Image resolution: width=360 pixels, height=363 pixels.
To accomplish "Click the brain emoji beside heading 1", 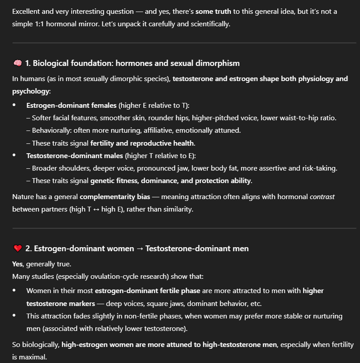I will click(x=17, y=63).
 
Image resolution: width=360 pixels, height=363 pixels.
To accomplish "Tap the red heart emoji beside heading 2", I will click(x=17, y=249).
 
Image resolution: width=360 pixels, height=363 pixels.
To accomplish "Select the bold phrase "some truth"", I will click(x=212, y=12).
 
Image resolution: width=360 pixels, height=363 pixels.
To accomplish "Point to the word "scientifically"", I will click(x=207, y=24).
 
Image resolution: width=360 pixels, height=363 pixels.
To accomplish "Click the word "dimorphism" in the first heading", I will click(x=218, y=63).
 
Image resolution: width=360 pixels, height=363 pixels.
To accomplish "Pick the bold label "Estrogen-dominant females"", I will click(x=72, y=106).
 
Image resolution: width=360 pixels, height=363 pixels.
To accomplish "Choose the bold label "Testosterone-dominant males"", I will click(x=75, y=156).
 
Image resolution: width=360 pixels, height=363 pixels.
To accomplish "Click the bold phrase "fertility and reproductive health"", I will click(x=142, y=143).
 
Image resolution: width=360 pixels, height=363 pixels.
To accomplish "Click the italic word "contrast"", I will click(x=322, y=196).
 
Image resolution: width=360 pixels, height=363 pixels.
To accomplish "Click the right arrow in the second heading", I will click(x=140, y=249).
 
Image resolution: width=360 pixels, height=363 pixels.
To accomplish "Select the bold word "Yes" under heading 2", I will click(x=17, y=264).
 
